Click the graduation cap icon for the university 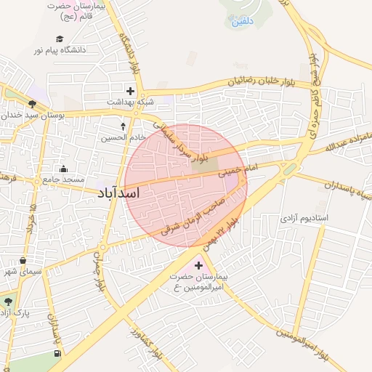click(59, 39)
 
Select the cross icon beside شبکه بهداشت click(130, 91)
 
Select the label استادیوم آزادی click(304, 217)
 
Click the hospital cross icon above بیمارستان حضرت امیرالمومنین click(199, 265)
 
